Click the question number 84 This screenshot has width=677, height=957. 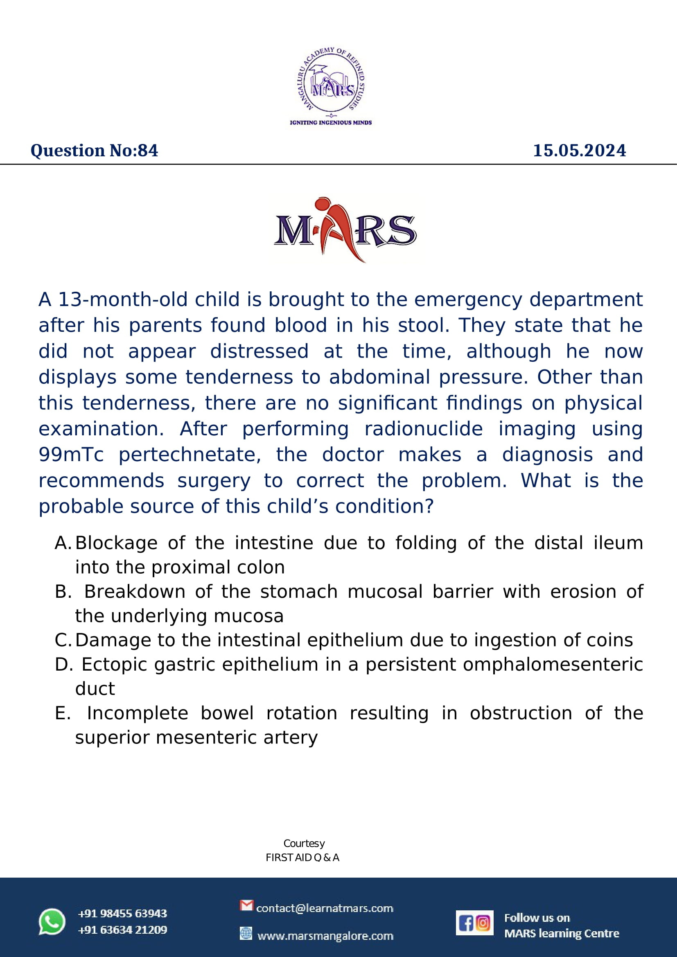click(148, 151)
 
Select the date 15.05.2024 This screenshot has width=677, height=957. click(580, 151)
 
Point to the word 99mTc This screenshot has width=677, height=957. click(71, 455)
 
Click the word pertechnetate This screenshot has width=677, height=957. click(190, 455)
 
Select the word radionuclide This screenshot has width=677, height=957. click(424, 429)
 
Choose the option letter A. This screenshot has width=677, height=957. click(63, 543)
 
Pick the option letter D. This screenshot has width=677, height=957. click(63, 664)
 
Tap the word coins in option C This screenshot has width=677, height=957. click(614, 640)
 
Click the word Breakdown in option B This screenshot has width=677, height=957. click(135, 592)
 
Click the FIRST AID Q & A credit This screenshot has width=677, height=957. click(302, 858)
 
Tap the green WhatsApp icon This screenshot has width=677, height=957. click(52, 921)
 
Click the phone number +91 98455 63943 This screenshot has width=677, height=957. click(122, 913)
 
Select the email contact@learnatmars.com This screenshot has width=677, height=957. click(324, 908)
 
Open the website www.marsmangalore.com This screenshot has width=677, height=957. click(325, 936)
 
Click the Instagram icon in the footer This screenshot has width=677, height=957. click(483, 923)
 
